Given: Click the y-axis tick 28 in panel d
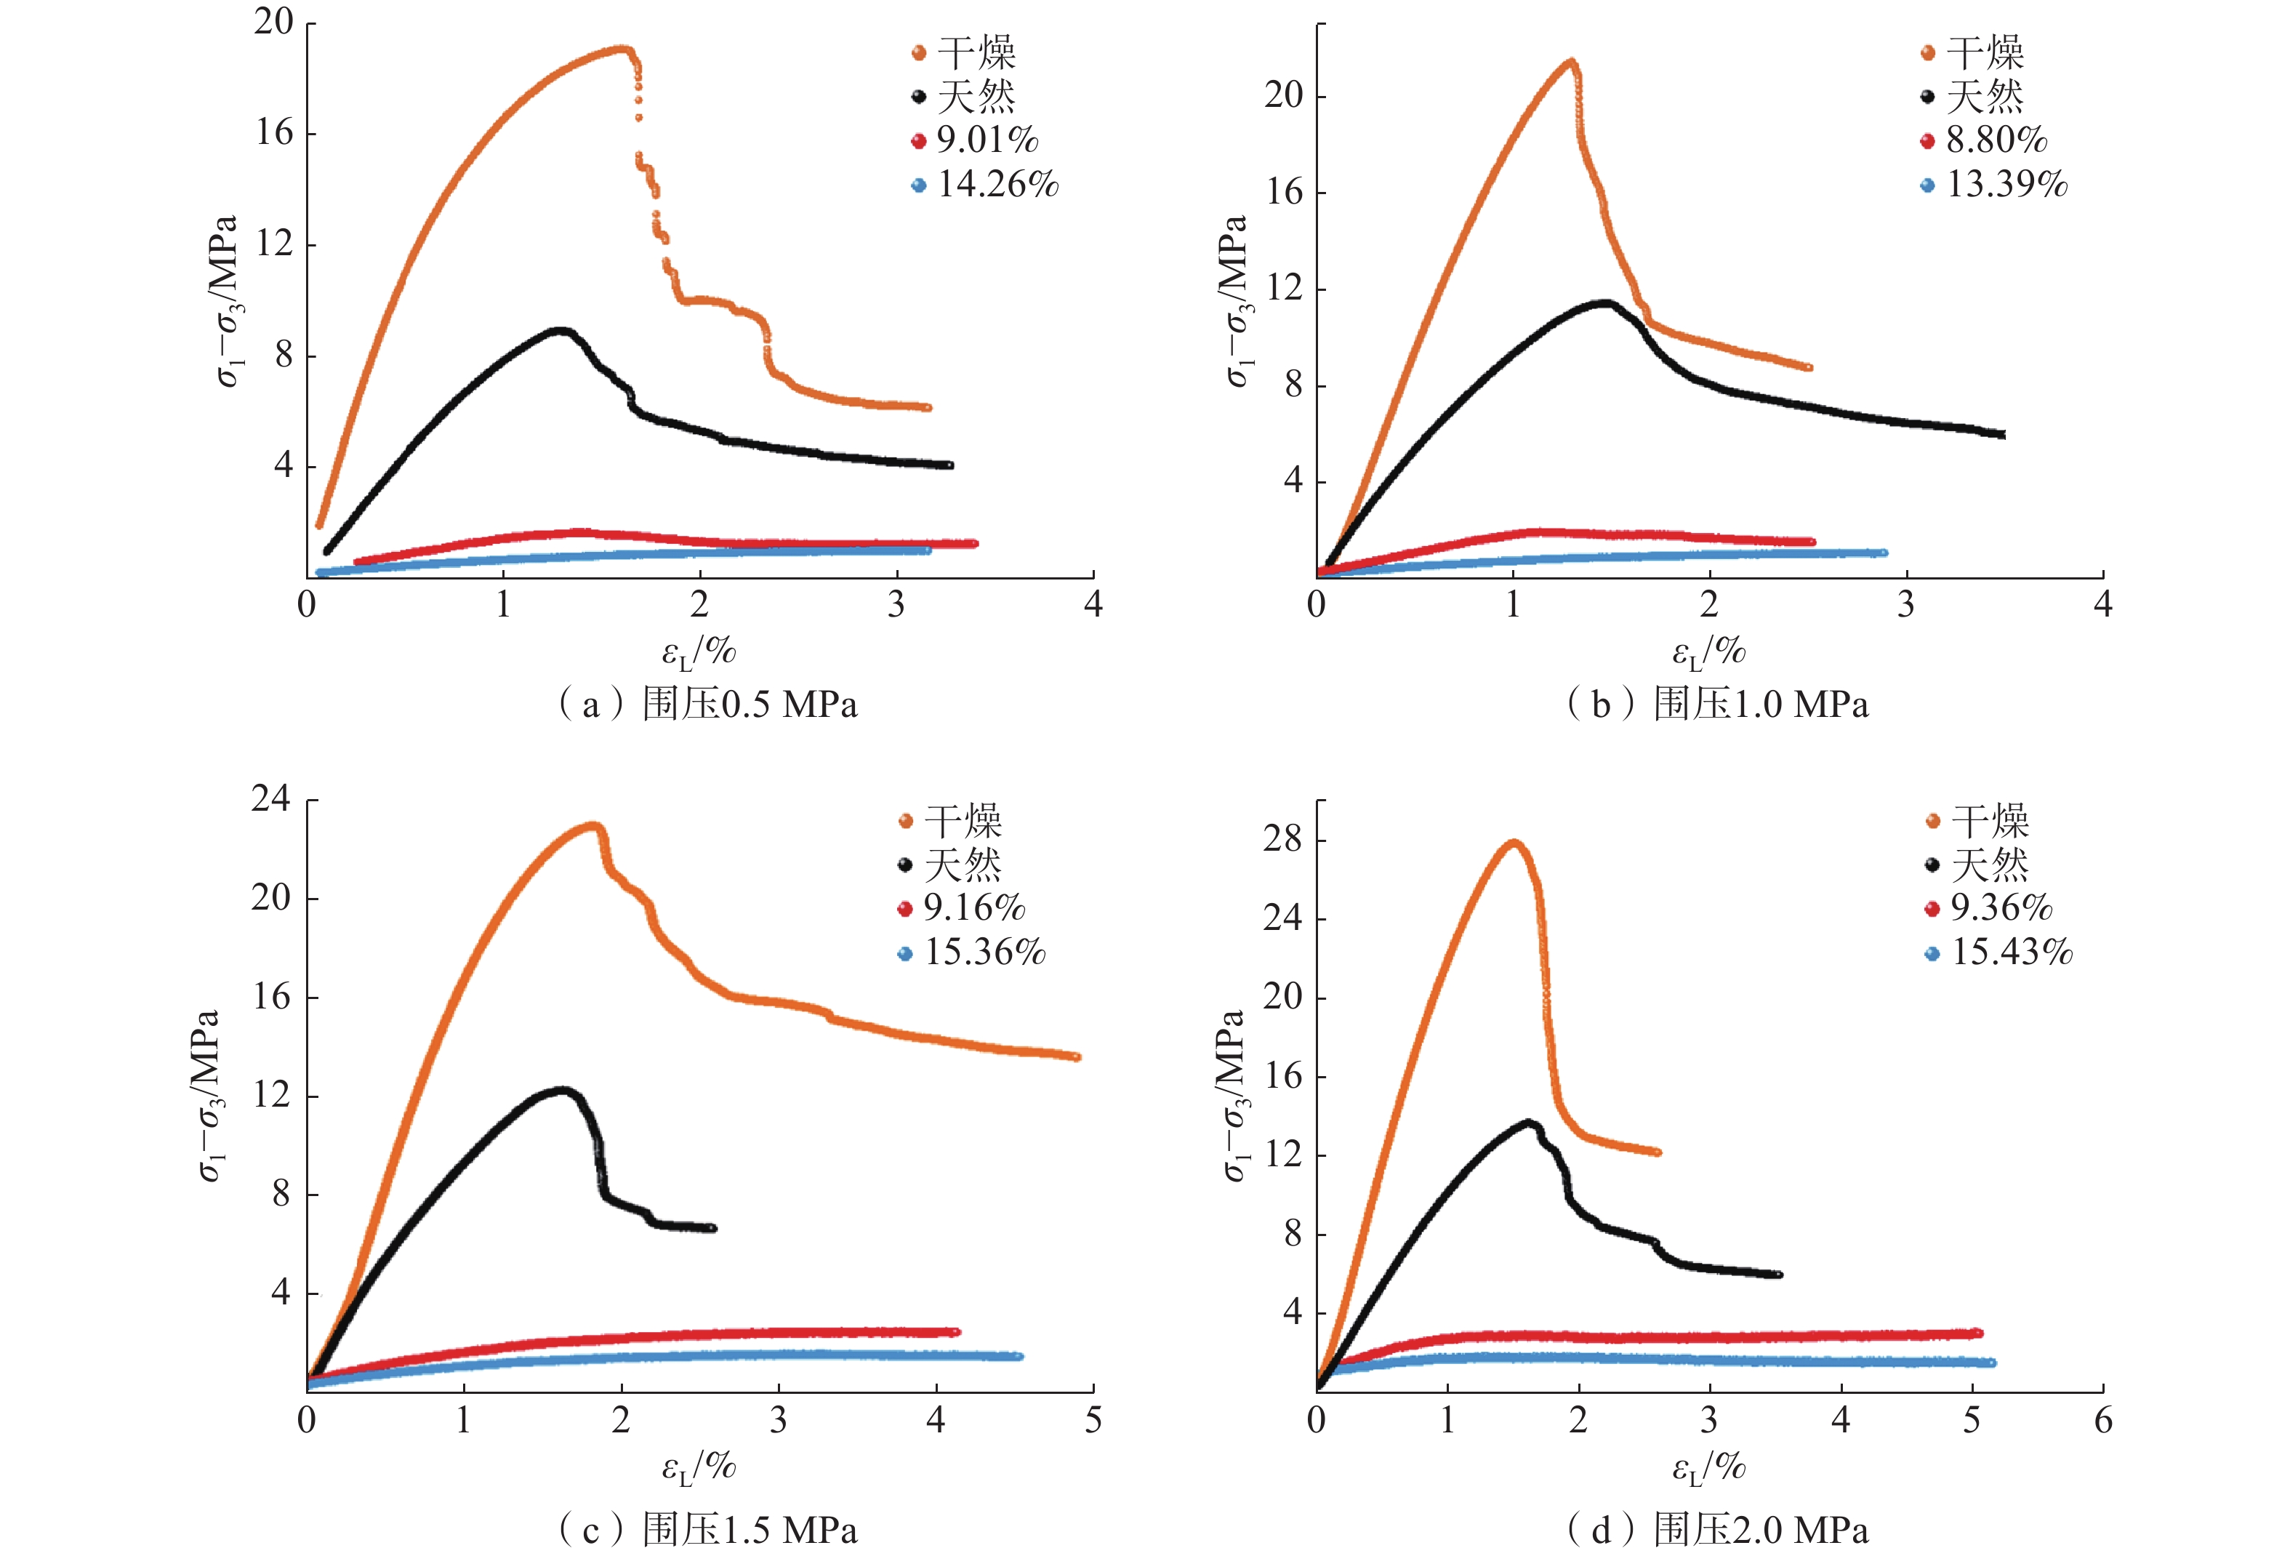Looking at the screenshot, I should pos(1282,840).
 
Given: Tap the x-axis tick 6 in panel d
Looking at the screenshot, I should pos(2102,1421).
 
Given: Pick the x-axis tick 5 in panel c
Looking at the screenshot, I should pos(1093,1421).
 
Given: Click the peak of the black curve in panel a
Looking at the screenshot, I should pos(562,330).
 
